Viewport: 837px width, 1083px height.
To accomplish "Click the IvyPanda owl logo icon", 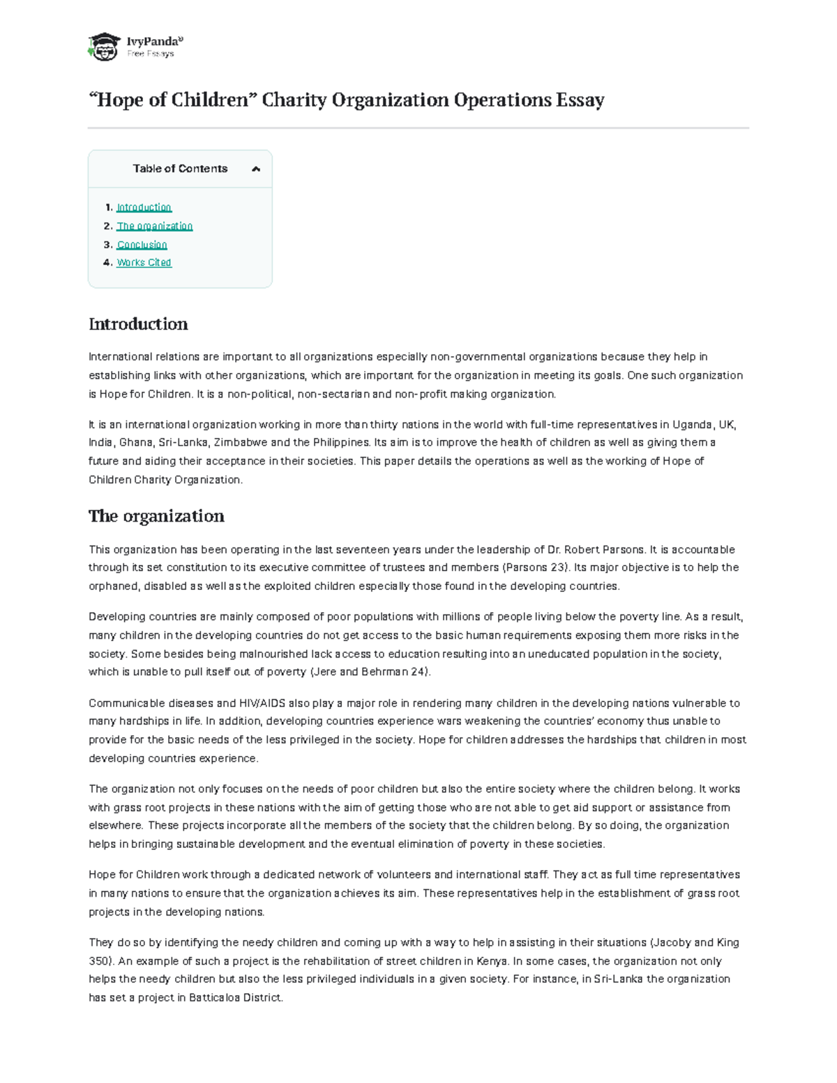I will click(104, 47).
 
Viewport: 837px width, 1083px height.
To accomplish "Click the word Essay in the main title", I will click(580, 100).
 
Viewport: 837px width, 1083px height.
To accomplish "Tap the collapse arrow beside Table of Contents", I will click(256, 169).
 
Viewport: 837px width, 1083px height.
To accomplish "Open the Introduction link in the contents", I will click(144, 208).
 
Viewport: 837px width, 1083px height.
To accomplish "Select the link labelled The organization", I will click(154, 226).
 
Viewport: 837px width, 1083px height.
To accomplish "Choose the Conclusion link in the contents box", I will click(142, 245).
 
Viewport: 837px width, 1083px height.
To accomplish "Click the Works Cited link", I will click(144, 263).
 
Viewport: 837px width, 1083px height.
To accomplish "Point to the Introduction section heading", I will click(138, 324).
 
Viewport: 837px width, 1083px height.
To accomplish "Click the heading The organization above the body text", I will click(156, 516).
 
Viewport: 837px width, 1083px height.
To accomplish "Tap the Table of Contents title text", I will click(180, 169).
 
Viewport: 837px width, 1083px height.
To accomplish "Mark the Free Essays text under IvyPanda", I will click(151, 54).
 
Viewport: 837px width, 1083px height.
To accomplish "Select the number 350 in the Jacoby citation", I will click(98, 961).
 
